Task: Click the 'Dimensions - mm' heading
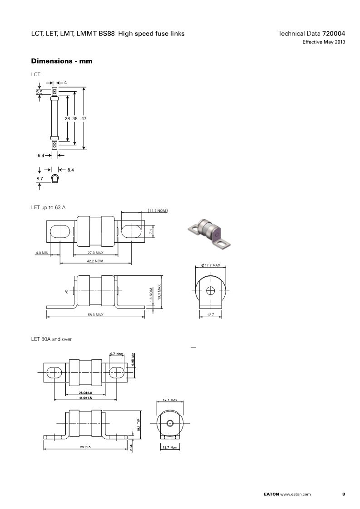click(62, 61)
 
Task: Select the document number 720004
click(334, 34)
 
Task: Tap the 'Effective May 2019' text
click(324, 42)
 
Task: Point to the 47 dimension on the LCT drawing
click(84, 118)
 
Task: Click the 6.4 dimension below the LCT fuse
click(40, 156)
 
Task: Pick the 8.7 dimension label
click(39, 179)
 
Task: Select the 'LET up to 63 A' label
click(49, 207)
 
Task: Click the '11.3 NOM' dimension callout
click(158, 210)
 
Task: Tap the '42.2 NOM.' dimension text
click(95, 261)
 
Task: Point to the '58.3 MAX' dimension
click(95, 314)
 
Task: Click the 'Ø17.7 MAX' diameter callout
click(211, 265)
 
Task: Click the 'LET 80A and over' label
click(51, 339)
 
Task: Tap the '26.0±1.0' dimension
click(85, 393)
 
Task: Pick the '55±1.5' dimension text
click(85, 447)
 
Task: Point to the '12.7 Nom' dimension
click(170, 447)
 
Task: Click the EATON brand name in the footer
click(271, 494)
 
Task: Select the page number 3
click(344, 494)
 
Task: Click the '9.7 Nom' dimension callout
click(117, 354)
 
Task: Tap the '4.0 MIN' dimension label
click(42, 253)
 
